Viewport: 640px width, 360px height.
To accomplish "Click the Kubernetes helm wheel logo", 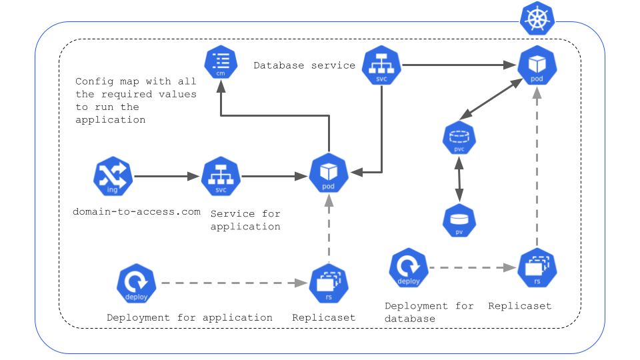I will point(537,19).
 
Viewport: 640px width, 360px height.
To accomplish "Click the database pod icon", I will point(537,67).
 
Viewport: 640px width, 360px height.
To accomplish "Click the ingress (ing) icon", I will point(113,177).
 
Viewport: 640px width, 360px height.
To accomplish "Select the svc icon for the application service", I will point(221,177).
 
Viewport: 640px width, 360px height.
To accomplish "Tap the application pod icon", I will point(328,173).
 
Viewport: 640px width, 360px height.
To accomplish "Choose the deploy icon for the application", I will point(136,283).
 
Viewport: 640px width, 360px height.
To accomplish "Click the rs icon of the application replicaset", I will point(328,283).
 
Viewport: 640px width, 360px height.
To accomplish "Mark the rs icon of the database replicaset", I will point(537,268).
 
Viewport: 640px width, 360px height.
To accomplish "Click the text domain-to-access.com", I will point(137,212).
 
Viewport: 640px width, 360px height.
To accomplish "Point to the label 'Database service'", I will point(304,65).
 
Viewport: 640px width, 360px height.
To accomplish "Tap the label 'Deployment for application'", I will point(189,318).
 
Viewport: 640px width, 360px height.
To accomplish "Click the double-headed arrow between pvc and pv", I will point(459,180).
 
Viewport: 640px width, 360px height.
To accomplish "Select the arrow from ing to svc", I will point(167,177).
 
